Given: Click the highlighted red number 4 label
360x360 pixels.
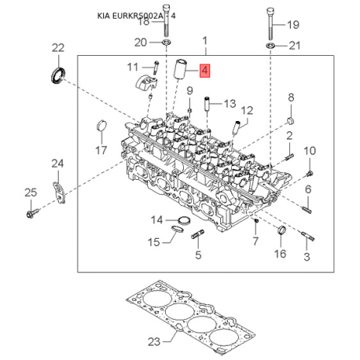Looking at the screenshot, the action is (204, 71).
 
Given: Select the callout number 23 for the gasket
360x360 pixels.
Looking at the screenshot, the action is (154, 342).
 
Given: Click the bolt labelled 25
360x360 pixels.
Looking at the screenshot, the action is (32, 213).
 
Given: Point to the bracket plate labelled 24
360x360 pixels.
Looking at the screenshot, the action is (59, 193).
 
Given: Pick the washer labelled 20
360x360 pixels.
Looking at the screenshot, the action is (166, 42).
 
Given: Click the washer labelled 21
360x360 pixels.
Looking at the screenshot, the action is (270, 46).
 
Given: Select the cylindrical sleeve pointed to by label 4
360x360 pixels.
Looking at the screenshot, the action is (180, 69).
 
